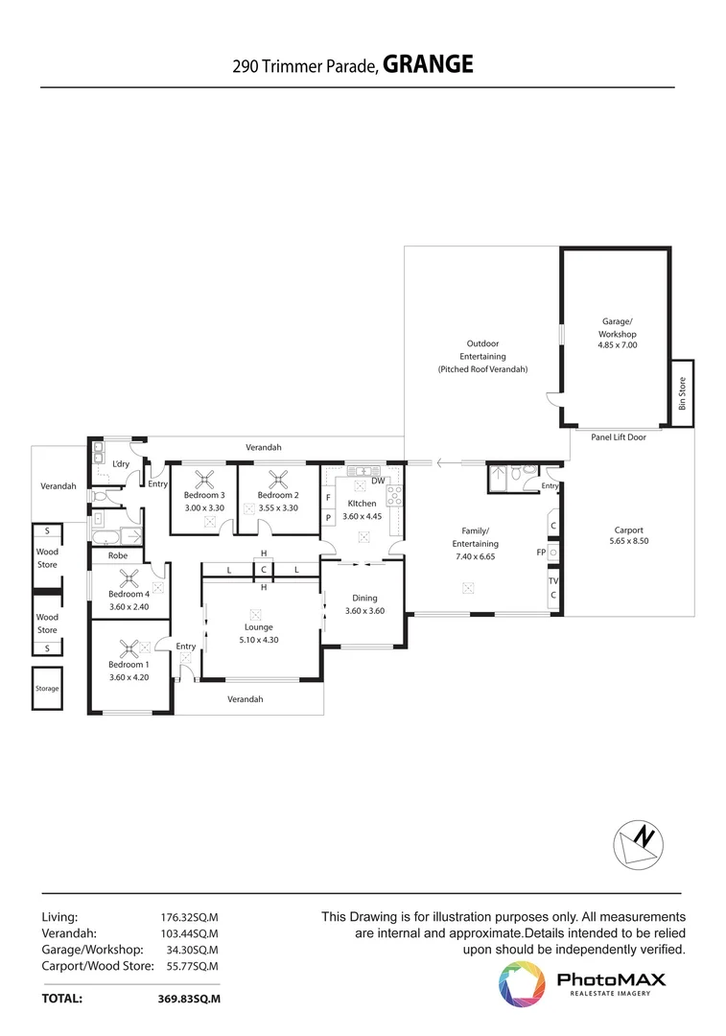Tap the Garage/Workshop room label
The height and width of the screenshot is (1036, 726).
click(618, 327)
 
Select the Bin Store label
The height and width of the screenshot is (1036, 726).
click(683, 393)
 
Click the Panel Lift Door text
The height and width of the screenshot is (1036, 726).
click(618, 437)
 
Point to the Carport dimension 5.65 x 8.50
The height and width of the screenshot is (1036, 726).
click(628, 542)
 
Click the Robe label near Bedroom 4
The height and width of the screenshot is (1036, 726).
click(117, 555)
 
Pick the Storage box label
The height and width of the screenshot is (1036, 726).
click(47, 689)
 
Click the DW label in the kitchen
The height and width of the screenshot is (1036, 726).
click(378, 481)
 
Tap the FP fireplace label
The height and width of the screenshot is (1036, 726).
click(541, 553)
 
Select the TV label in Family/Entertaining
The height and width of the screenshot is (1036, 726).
click(553, 581)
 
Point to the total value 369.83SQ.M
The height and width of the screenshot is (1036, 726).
click(189, 998)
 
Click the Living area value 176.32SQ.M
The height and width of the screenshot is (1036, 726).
click(189, 917)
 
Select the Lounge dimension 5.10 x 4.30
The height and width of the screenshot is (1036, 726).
click(259, 640)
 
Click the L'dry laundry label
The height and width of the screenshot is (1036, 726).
click(121, 464)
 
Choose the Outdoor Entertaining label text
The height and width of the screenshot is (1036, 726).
click(482, 356)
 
